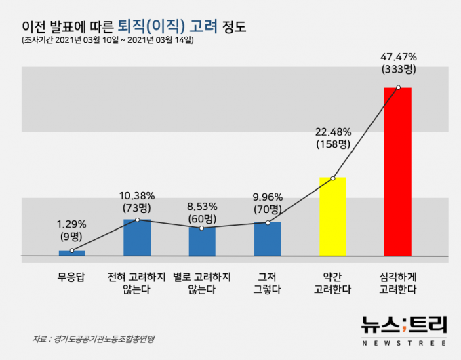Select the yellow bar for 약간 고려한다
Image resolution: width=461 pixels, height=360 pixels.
pyautogui.click(x=332, y=217)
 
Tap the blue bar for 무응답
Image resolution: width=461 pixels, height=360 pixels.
pyautogui.click(x=72, y=253)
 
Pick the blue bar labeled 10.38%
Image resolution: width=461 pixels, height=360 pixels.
pyautogui.click(x=137, y=237)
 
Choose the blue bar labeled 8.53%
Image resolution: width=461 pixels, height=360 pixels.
pyautogui.click(x=201, y=241)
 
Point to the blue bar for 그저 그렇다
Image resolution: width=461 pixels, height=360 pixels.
pyautogui.click(x=267, y=239)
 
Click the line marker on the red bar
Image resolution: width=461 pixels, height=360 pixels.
pyautogui.click(x=399, y=87)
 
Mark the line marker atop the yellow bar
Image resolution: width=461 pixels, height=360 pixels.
pyautogui.click(x=333, y=178)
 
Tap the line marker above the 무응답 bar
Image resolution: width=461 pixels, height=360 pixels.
pyautogui.click(x=72, y=251)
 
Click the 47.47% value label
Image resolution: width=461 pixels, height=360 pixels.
pyautogui.click(x=399, y=57)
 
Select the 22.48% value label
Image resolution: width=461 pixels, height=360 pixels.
pyautogui.click(x=333, y=132)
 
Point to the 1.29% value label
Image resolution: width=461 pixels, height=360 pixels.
pyautogui.click(x=72, y=224)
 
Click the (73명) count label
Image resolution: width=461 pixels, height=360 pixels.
pyautogui.click(x=137, y=207)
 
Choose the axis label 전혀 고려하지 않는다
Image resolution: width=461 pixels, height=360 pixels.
pyautogui.click(x=137, y=282)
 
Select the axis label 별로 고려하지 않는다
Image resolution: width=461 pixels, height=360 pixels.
pyautogui.click(x=201, y=282)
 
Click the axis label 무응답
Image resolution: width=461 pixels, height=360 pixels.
pyautogui.click(x=72, y=277)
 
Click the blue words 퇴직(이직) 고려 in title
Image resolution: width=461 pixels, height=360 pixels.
pyautogui.click(x=167, y=27)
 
